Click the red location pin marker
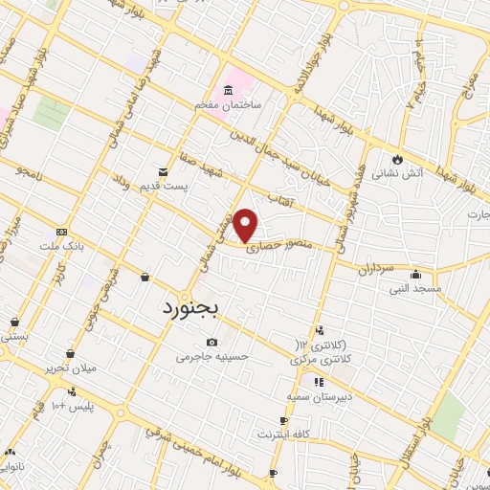(246, 224)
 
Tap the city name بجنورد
(187, 309)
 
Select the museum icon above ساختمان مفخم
(228, 91)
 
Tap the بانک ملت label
(62, 246)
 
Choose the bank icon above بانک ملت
(61, 232)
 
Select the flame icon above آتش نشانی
(396, 159)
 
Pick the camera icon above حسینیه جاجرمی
(212, 343)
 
